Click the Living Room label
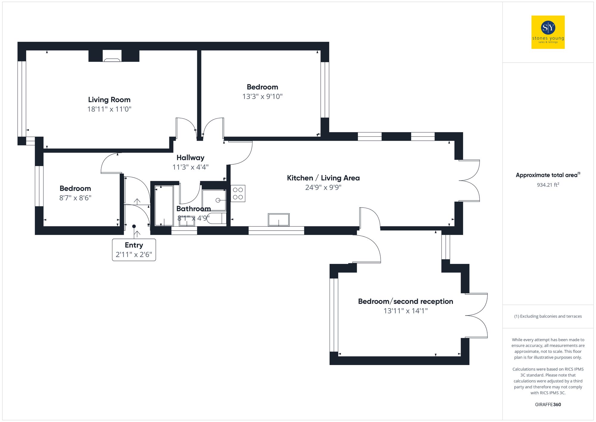(109, 100)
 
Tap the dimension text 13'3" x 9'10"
(262, 96)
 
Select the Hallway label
(190, 157)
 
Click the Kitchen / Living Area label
(323, 178)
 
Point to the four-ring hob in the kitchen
(238, 193)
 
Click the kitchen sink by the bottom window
(279, 220)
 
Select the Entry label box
(134, 250)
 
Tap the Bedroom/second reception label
(405, 301)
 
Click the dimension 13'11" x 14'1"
(405, 311)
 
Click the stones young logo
(548, 32)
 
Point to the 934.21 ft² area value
(548, 185)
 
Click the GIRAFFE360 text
(548, 404)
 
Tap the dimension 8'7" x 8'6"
(75, 198)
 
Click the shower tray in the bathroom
(214, 200)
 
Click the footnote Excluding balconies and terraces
(548, 316)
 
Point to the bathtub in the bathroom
(164, 206)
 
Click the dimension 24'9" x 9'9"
(323, 187)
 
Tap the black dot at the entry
(134, 226)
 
